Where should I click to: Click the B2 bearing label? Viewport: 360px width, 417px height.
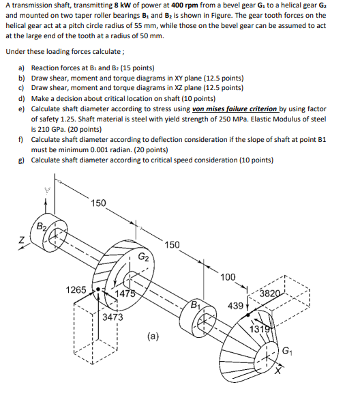coord(42,227)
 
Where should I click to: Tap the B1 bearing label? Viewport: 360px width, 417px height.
coord(196,304)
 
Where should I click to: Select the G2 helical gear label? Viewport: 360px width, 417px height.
coord(143,257)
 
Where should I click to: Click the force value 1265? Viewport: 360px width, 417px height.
coord(76,289)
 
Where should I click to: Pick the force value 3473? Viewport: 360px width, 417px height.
coord(112,317)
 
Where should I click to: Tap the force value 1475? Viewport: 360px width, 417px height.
coord(125,293)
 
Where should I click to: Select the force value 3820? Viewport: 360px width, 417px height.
coord(270,293)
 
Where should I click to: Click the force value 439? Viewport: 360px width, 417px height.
coord(235,306)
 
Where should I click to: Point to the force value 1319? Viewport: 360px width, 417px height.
coord(260,329)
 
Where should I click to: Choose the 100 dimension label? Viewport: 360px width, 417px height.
coord(228,277)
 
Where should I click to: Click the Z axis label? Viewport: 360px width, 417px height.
coord(21,240)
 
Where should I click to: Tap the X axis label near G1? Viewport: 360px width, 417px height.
coord(278,371)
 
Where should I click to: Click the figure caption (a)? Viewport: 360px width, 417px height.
coord(153,336)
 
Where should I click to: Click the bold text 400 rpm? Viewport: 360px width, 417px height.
coord(185,5)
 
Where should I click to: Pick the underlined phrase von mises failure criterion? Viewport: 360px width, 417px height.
coord(235,109)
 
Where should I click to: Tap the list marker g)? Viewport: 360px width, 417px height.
coord(21,160)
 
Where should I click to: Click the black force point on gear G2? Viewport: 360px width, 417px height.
coord(98,289)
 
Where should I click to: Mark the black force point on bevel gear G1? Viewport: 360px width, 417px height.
coord(248,315)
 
